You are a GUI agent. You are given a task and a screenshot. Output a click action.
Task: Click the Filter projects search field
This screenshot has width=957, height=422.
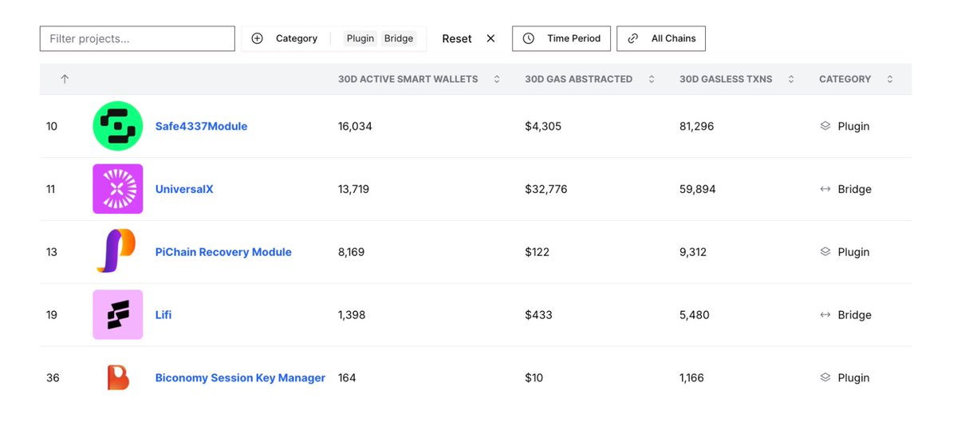(x=137, y=38)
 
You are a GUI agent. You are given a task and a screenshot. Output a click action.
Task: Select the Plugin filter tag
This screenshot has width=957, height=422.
(x=360, y=38)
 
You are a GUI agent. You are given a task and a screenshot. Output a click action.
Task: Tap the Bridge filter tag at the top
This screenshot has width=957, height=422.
(x=399, y=38)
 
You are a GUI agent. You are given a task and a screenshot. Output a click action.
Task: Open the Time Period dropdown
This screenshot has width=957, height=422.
(x=561, y=38)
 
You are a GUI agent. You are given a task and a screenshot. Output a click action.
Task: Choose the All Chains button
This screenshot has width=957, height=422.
(x=661, y=38)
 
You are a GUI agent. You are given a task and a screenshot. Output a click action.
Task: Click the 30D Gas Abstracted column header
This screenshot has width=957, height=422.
(x=578, y=79)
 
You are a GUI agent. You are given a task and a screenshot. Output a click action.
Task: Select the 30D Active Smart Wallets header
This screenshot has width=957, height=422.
(x=408, y=79)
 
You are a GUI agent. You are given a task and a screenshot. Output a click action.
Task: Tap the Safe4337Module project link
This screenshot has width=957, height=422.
(x=201, y=126)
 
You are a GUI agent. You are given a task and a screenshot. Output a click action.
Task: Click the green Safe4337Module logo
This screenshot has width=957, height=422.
(x=117, y=126)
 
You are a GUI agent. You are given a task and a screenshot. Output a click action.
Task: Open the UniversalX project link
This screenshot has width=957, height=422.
(x=184, y=189)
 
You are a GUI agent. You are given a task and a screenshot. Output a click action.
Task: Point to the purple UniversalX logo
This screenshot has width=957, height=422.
(x=117, y=189)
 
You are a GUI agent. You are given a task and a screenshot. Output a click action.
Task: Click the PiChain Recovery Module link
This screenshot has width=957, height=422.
(x=223, y=252)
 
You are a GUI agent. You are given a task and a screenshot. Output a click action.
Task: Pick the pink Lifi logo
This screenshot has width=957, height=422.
(x=117, y=314)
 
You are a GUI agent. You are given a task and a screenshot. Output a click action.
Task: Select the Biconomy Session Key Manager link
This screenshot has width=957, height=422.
(x=240, y=377)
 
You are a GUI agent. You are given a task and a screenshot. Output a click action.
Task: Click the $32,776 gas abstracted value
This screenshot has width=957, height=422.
(x=546, y=189)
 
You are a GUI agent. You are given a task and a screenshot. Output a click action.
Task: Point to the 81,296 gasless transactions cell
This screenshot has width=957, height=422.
(x=697, y=126)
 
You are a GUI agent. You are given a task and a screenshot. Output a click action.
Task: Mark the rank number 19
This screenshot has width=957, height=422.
(x=52, y=315)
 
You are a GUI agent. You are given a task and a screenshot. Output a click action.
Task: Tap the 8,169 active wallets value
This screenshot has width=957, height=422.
(x=351, y=252)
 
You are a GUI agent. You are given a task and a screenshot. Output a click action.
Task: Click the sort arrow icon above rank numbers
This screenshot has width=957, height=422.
(x=65, y=79)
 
